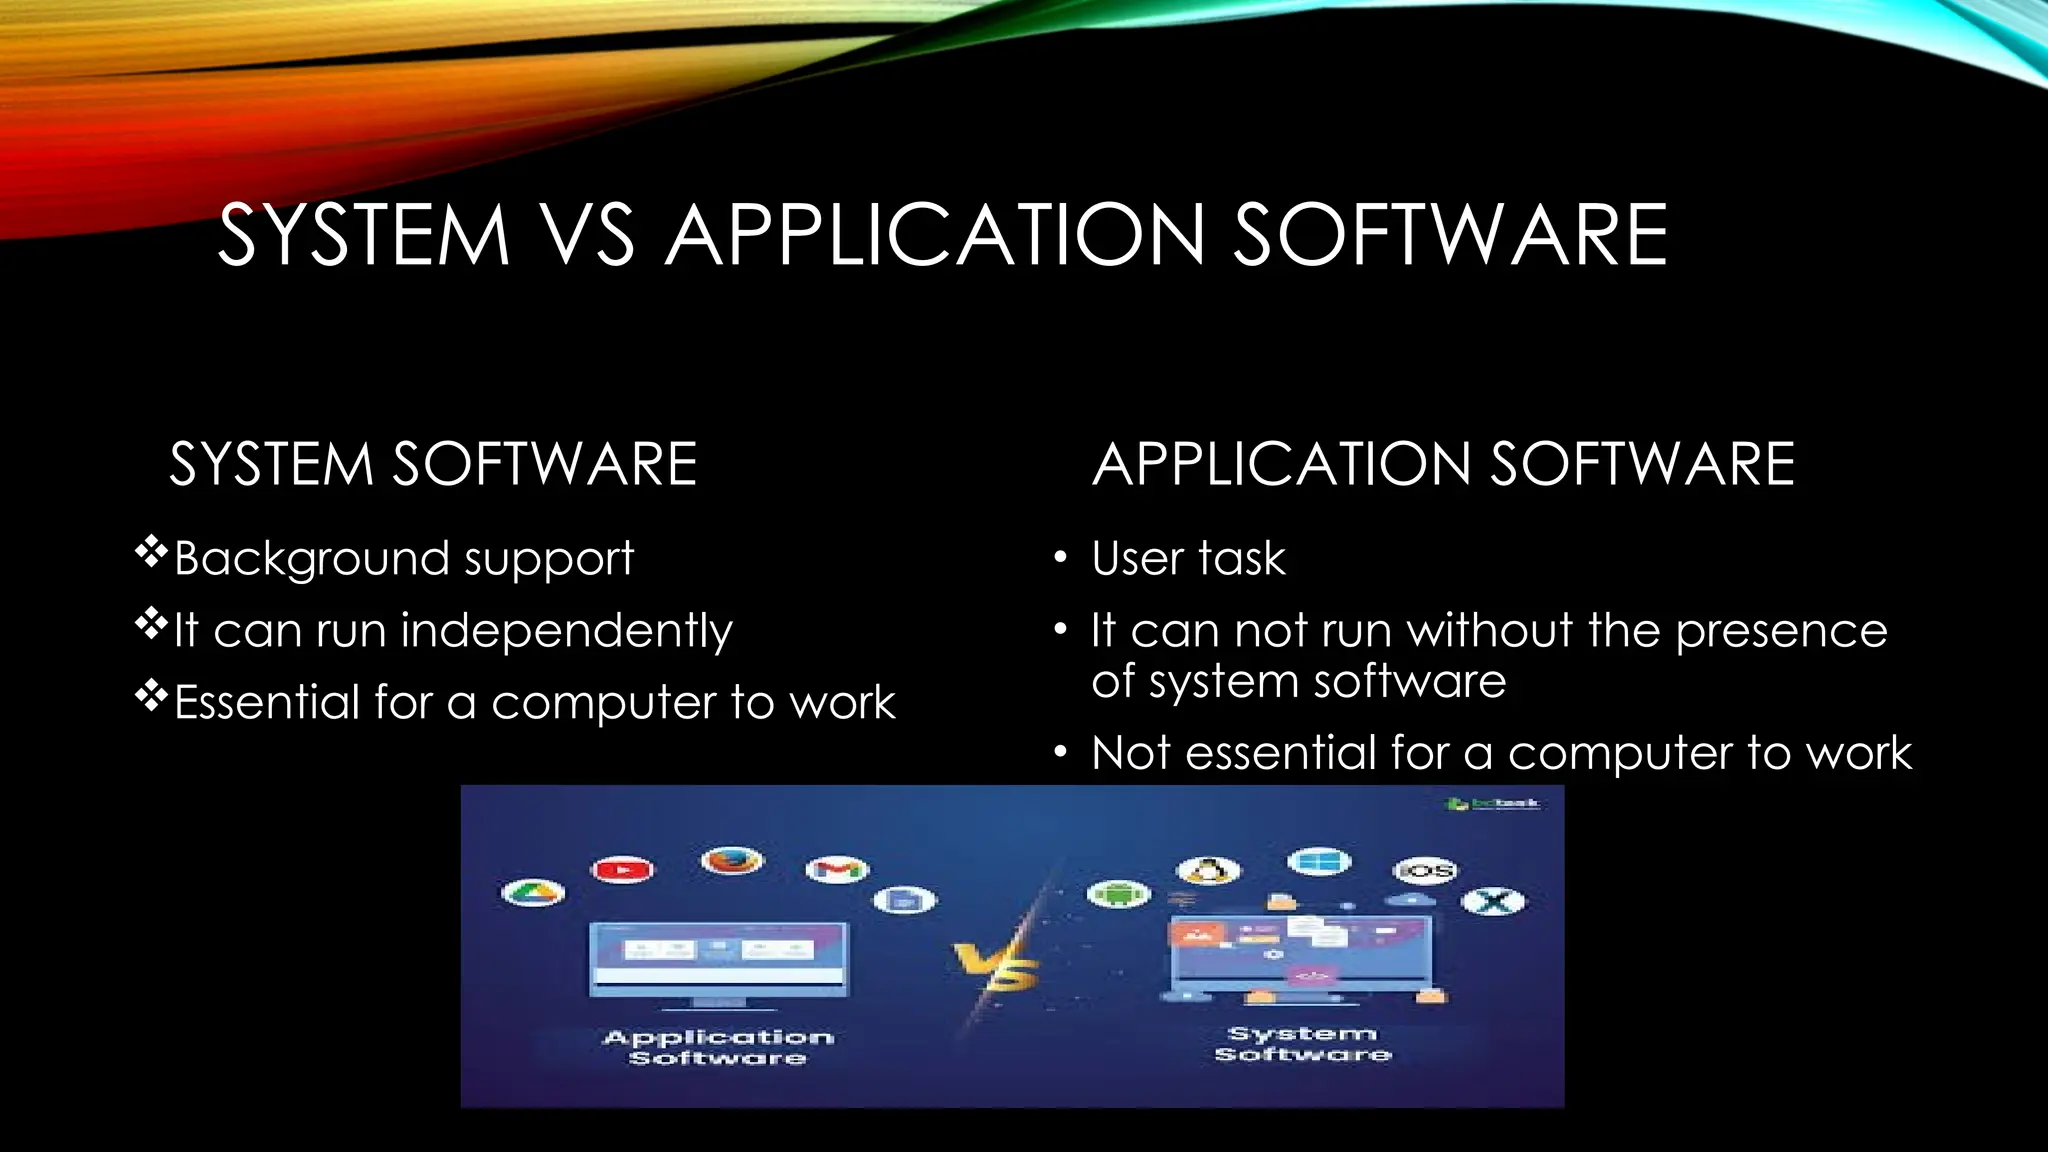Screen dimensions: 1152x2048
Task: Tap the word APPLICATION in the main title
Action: click(935, 236)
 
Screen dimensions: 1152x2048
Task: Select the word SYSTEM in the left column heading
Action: click(271, 465)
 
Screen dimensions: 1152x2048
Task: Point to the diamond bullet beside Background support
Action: click(151, 552)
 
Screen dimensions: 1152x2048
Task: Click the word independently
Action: click(566, 632)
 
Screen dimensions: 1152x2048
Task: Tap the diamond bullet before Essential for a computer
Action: click(151, 696)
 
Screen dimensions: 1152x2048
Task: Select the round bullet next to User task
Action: click(1061, 558)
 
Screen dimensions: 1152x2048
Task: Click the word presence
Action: click(1781, 632)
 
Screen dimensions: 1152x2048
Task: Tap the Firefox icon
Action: click(732, 860)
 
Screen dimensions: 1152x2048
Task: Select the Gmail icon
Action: click(837, 870)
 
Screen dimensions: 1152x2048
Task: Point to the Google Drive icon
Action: click(532, 893)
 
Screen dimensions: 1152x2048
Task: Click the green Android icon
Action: click(1119, 893)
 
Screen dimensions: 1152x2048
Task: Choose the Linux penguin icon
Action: click(1208, 871)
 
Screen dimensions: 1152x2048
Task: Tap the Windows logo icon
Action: click(1319, 861)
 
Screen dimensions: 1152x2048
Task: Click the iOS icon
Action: click(1425, 871)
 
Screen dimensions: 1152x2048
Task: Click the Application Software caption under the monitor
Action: click(718, 1047)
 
